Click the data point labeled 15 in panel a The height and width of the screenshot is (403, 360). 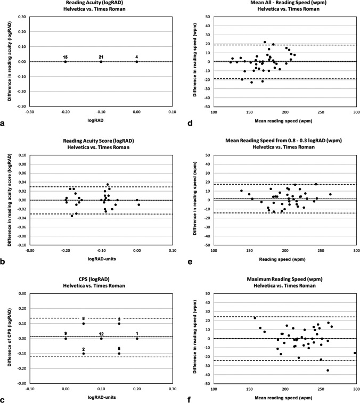(66, 62)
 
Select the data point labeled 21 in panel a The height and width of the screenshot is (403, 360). (101, 62)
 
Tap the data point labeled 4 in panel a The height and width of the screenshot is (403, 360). (137, 62)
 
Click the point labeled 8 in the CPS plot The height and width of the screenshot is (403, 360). (84, 324)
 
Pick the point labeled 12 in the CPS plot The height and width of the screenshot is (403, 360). (101, 339)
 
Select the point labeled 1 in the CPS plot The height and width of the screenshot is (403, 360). (137, 339)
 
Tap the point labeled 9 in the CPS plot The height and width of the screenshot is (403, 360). (66, 339)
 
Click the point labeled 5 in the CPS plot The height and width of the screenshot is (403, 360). (119, 353)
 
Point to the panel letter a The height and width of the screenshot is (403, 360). (4, 124)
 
